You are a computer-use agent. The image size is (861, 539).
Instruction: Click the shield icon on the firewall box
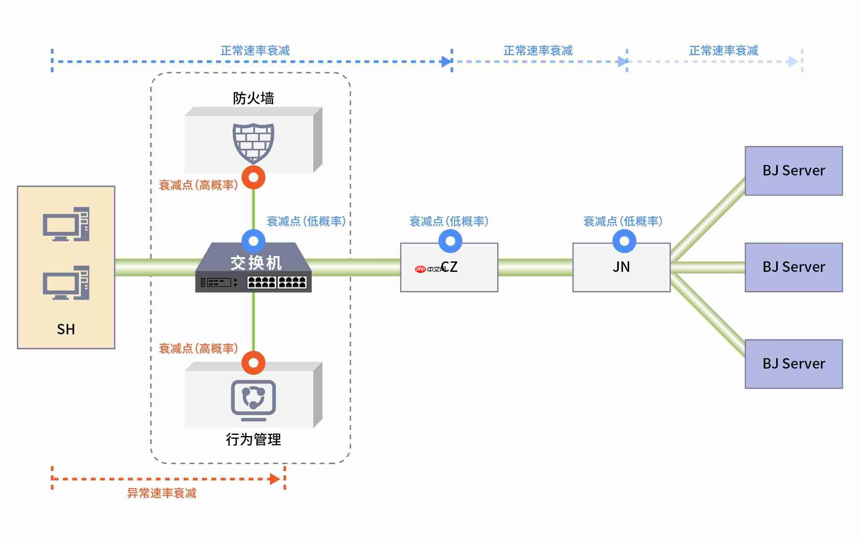(253, 143)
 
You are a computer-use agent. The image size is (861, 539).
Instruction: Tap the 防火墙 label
(253, 98)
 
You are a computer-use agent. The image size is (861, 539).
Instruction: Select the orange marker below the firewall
(253, 177)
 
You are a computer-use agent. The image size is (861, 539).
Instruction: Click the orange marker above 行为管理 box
(253, 362)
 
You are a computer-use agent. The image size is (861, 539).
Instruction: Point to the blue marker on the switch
(253, 241)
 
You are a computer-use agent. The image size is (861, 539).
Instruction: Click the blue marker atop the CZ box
(450, 241)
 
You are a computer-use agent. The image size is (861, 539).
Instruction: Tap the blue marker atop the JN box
(624, 241)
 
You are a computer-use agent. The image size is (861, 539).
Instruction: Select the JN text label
(621, 267)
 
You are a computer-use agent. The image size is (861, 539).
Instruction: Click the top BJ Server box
(793, 170)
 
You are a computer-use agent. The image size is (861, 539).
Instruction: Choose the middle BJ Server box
(793, 267)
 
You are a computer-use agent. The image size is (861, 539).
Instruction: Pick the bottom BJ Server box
(793, 364)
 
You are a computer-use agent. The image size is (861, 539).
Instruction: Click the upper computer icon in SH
(66, 224)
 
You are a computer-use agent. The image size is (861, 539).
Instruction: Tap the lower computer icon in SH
(66, 283)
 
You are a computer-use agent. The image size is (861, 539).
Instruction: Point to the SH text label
(66, 329)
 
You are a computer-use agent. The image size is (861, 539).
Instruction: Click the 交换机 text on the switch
(256, 263)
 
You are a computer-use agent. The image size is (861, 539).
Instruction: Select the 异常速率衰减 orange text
(162, 493)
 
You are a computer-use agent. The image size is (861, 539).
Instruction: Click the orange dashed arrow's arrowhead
(275, 479)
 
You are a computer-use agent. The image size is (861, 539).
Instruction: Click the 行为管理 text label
(253, 440)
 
